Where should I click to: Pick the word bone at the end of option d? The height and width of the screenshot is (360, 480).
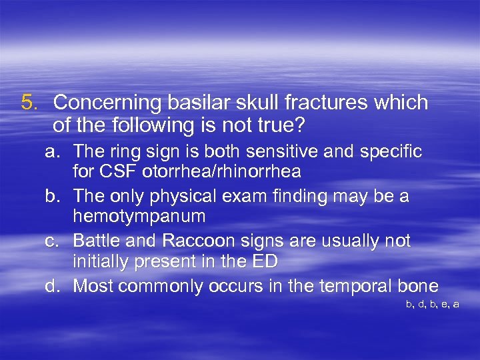(x=419, y=286)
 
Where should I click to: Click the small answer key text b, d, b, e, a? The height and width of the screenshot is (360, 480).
(x=432, y=304)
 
